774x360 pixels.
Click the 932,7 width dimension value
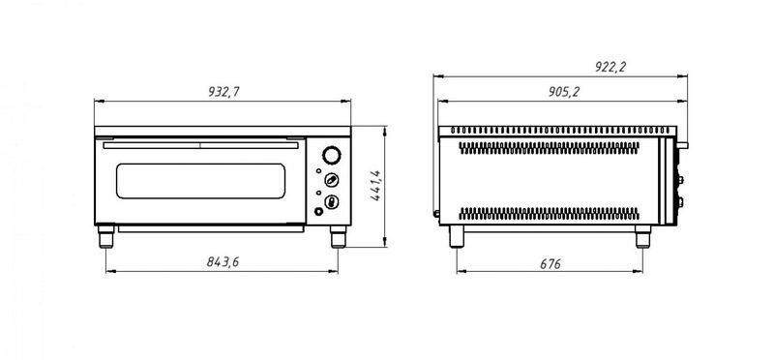point(223,92)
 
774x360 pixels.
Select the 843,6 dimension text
point(223,262)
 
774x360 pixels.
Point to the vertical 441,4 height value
point(375,186)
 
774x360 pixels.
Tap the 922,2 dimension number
point(610,67)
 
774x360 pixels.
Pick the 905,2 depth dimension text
point(564,92)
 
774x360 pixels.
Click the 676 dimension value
point(550,264)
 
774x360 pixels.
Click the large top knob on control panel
point(332,155)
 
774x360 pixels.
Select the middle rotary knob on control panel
point(332,180)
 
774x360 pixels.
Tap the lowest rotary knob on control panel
point(332,201)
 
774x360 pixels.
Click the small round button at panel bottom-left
point(319,212)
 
